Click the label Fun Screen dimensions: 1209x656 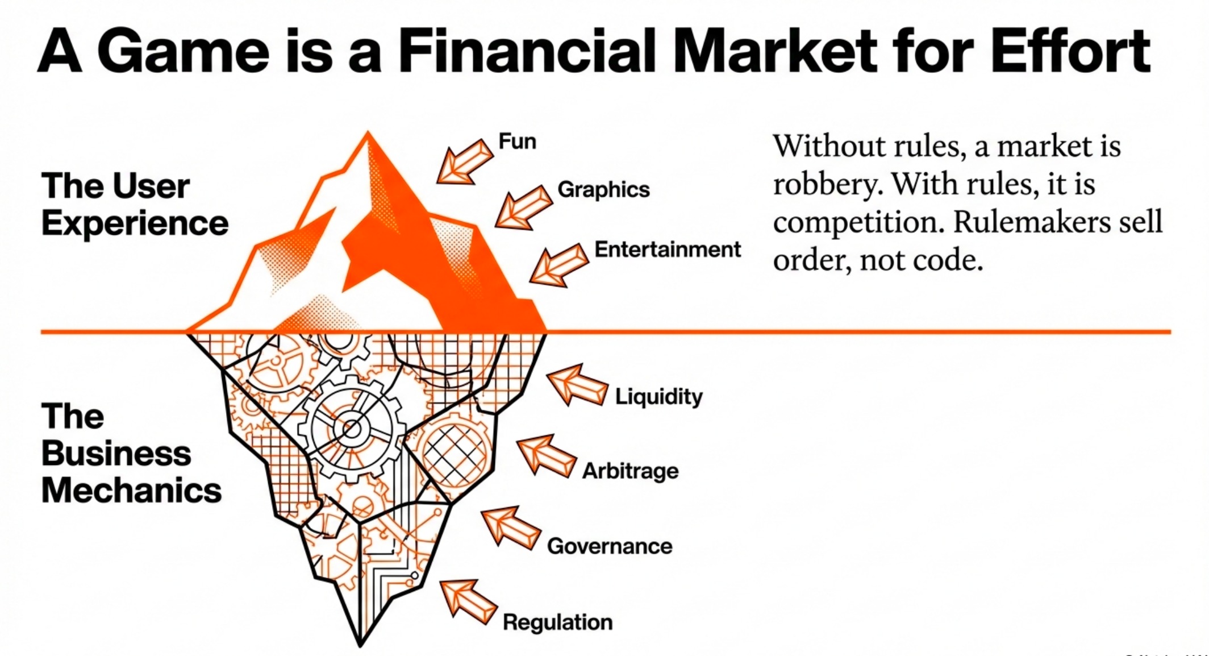517,141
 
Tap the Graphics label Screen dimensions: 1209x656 603,189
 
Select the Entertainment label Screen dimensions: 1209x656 668,250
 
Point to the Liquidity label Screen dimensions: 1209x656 658,396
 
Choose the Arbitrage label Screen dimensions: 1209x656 630,471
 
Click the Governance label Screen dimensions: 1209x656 610,546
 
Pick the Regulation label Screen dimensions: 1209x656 557,622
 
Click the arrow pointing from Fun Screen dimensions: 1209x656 465,162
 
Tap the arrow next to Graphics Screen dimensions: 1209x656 523,207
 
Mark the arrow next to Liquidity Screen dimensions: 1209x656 577,385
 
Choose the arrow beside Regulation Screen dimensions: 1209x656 469,602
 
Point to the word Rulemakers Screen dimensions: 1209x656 1031,222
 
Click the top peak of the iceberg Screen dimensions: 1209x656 368,132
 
